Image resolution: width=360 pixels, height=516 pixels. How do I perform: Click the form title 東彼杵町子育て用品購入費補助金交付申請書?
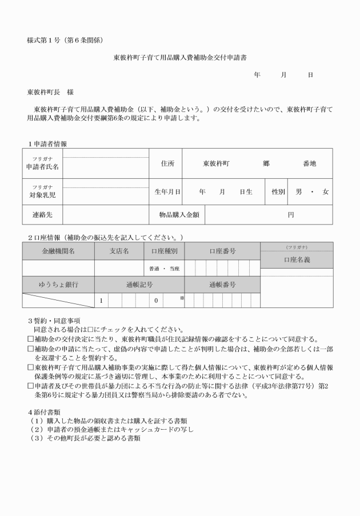point(180,58)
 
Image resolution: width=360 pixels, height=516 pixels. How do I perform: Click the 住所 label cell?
point(166,163)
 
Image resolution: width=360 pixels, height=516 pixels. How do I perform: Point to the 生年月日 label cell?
point(166,192)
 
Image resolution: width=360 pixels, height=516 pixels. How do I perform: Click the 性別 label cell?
point(278,192)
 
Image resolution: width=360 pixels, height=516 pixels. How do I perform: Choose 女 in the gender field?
point(326,192)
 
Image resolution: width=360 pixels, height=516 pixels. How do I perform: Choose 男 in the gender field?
point(298,192)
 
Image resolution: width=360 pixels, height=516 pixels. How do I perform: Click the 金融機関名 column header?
point(58,251)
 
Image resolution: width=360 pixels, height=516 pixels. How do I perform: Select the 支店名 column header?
point(119,251)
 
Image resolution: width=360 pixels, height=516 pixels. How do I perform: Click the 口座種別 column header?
point(163,251)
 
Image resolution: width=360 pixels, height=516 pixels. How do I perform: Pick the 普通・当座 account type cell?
point(163,268)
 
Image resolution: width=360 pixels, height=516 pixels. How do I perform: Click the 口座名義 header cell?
point(297,259)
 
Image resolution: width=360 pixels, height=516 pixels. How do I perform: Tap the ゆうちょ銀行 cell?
point(58,284)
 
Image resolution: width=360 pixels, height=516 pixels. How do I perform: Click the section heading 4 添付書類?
point(47,412)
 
